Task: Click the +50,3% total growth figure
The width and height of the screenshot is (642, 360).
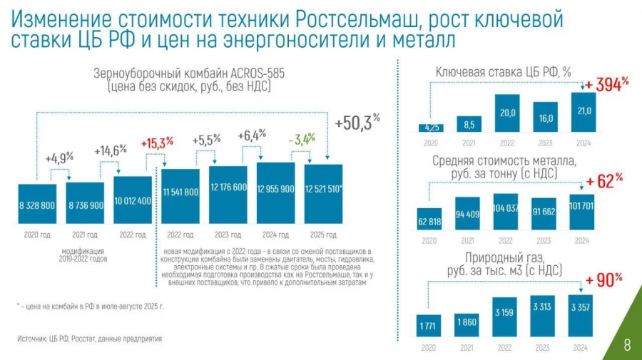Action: tap(357, 123)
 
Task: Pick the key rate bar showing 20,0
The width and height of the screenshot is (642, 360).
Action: tap(507, 114)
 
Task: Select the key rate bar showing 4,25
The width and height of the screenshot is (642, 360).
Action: tap(431, 128)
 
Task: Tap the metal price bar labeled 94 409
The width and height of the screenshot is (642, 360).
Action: tap(469, 212)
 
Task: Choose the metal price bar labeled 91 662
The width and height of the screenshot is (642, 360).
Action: tap(545, 212)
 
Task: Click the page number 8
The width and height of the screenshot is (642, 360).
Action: tap(627, 346)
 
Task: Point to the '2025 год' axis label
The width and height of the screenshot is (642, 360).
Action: tap(325, 234)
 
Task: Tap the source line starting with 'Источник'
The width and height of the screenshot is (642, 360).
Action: tap(90, 339)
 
